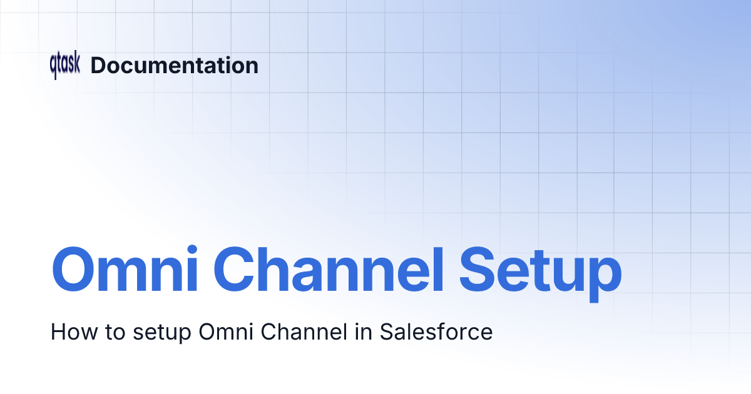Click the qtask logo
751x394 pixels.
(x=65, y=66)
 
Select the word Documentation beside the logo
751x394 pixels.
(x=175, y=66)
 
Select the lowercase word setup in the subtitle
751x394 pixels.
(x=161, y=333)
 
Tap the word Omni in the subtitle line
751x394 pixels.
(x=224, y=331)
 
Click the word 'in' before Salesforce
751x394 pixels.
(x=363, y=331)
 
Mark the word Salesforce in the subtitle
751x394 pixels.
(x=436, y=331)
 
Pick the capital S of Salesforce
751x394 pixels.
(x=387, y=331)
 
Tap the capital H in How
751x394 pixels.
(x=58, y=331)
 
